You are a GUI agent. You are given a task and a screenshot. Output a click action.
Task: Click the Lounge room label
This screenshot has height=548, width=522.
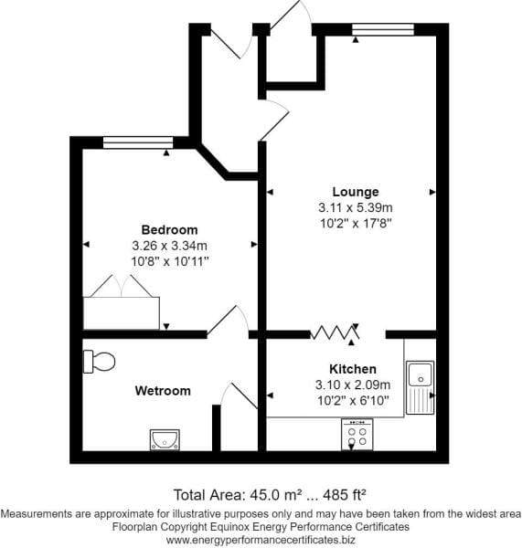[x=356, y=192]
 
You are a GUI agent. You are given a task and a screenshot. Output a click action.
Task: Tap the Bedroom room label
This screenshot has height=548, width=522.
[x=170, y=230]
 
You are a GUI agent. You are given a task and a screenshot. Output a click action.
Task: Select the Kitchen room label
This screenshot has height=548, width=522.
[x=353, y=369]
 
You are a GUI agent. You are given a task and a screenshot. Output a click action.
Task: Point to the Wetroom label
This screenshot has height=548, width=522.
[x=163, y=391]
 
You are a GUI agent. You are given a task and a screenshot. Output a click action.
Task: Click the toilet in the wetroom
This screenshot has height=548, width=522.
[x=100, y=362]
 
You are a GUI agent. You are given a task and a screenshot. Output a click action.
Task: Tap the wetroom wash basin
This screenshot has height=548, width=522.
[x=165, y=439]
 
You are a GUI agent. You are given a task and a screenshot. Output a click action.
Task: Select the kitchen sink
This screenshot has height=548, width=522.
[x=421, y=387]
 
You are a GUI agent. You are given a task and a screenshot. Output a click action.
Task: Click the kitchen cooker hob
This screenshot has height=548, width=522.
[x=357, y=435]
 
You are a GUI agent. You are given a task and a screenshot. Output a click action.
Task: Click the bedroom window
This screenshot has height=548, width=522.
[x=138, y=142]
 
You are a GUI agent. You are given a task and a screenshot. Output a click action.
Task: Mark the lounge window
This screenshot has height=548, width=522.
[x=383, y=29]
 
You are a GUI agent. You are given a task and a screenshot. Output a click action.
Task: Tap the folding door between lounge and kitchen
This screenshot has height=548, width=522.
[x=335, y=332]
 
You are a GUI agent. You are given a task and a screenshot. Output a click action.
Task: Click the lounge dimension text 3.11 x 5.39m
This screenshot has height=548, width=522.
[x=356, y=207]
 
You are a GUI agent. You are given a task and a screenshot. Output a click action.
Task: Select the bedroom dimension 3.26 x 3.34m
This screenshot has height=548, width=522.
[x=170, y=246]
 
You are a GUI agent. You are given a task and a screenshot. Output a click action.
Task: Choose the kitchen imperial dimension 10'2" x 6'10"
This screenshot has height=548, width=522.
[x=353, y=401]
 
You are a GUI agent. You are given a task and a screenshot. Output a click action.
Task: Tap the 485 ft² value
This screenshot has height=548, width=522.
[x=345, y=495]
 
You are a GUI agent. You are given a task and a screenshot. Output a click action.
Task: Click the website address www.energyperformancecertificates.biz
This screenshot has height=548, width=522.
[x=261, y=540]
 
